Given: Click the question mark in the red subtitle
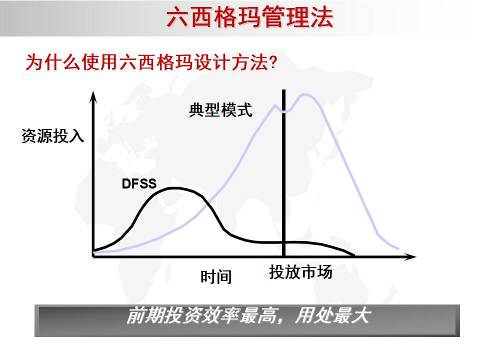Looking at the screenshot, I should pyautogui.click(x=274, y=63).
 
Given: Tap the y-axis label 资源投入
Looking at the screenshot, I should pyautogui.click(x=52, y=136).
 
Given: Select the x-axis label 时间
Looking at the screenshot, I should pyautogui.click(x=216, y=276).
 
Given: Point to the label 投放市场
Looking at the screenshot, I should pyautogui.click(x=300, y=272).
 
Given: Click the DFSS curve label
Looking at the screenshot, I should pyautogui.click(x=139, y=183).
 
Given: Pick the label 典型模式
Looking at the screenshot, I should pyautogui.click(x=220, y=110).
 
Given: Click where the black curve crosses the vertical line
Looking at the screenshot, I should pyautogui.click(x=284, y=242).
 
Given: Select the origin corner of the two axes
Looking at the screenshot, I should pyautogui.click(x=93, y=256).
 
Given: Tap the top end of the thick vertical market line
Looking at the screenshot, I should pyautogui.click(x=284, y=91).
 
